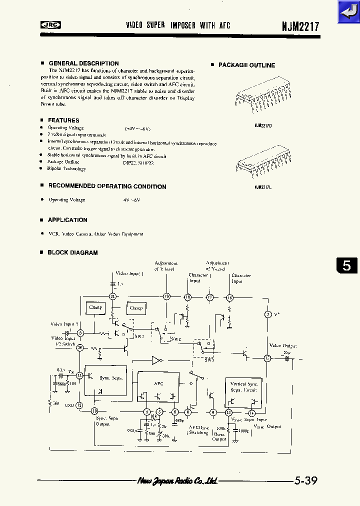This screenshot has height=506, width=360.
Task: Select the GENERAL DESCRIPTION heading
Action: [83, 63]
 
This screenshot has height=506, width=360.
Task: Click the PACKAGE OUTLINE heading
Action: [246, 65]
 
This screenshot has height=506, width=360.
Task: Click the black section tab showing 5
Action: [346, 265]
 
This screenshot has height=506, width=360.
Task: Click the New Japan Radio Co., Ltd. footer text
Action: [177, 481]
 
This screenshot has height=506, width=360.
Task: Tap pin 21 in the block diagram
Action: [113, 296]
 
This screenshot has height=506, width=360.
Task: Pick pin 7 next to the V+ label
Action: [267, 314]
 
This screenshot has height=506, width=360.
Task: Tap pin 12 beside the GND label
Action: [79, 405]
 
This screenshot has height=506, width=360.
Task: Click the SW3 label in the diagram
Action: [209, 359]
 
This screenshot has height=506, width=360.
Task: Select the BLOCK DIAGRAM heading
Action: [72, 253]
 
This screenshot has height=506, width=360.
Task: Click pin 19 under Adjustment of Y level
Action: [167, 296]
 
